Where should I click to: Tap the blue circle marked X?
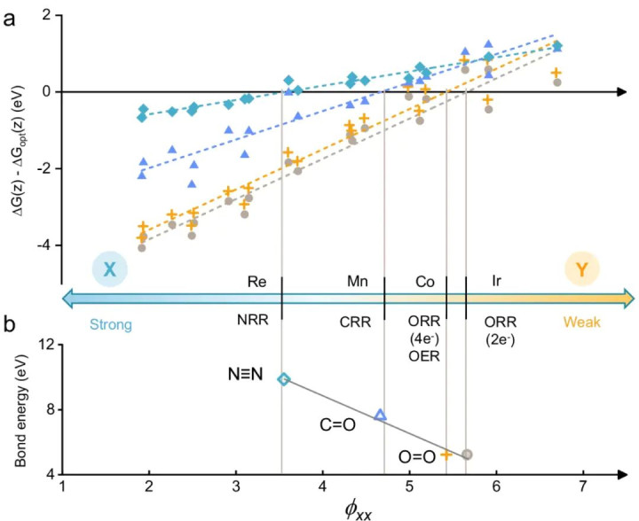(x=109, y=268)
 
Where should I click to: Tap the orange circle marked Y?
(x=581, y=268)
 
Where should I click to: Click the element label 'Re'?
(x=257, y=281)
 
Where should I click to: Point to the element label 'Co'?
(x=425, y=281)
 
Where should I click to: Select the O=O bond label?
(x=416, y=457)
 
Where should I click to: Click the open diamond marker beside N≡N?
(x=283, y=379)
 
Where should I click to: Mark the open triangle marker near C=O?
(x=381, y=415)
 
